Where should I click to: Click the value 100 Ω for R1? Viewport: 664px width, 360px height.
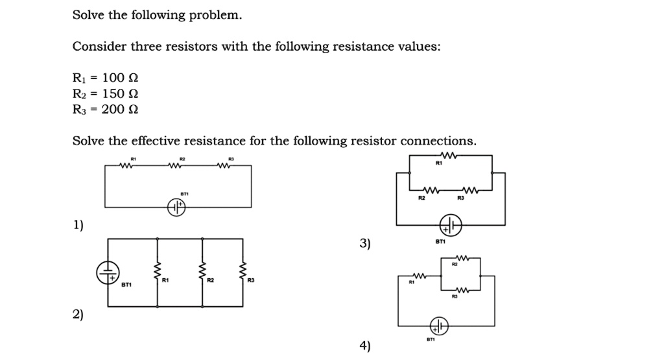115,78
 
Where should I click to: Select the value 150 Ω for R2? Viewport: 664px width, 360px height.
115,93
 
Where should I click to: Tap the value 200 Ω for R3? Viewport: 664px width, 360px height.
115,109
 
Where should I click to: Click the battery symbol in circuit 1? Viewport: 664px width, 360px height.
177,207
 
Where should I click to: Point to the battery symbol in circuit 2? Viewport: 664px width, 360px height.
108,272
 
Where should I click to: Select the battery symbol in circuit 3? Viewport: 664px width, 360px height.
451,226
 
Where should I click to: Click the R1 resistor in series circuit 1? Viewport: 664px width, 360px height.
127,166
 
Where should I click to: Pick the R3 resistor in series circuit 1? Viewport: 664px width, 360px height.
224,166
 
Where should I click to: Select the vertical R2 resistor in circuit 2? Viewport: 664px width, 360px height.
202,270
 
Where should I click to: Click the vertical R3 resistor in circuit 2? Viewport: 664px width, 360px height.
243,270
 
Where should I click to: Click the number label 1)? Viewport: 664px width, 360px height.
78,225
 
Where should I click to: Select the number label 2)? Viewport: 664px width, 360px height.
78,315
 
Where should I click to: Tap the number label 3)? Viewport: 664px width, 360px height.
365,243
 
